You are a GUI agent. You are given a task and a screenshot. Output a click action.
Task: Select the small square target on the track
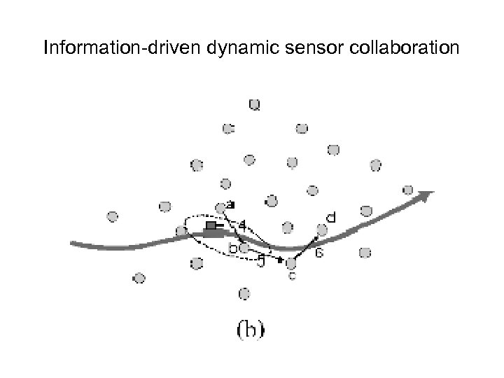pyautogui.click(x=211, y=225)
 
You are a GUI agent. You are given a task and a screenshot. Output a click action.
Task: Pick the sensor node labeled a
pyautogui.click(x=221, y=206)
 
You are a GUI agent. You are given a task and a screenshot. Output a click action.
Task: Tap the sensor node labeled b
pyautogui.click(x=244, y=247)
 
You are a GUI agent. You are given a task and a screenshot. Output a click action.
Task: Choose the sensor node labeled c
pyautogui.click(x=292, y=262)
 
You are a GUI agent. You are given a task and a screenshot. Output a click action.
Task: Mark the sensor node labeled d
pyautogui.click(x=322, y=229)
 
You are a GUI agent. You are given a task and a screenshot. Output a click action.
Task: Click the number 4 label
pyautogui.click(x=242, y=225)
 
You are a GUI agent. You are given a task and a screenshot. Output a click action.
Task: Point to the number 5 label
pyautogui.click(x=260, y=262)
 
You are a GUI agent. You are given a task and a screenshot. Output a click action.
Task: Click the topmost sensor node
pyautogui.click(x=255, y=106)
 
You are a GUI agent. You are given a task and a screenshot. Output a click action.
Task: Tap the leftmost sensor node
pyautogui.click(x=113, y=216)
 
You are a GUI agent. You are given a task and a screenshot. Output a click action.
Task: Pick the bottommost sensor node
pyautogui.click(x=244, y=293)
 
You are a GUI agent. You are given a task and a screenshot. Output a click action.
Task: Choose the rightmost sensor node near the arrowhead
pyautogui.click(x=408, y=190)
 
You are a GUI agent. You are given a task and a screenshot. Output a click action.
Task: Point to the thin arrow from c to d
pyautogui.click(x=307, y=246)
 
